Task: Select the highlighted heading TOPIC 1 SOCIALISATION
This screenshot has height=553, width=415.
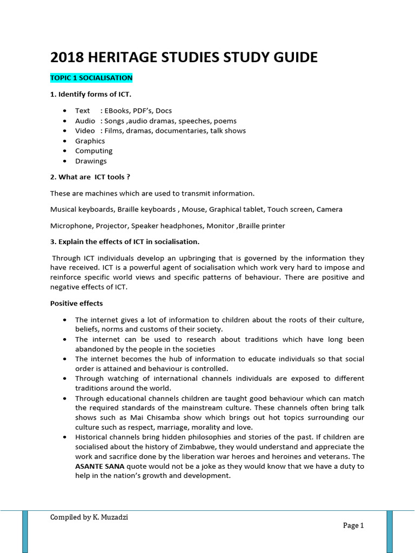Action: click(91, 78)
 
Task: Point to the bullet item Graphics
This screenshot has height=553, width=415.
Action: click(90, 141)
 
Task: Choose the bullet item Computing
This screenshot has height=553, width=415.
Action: click(93, 151)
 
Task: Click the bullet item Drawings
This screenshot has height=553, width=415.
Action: click(91, 161)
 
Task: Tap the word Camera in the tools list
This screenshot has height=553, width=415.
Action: click(329, 209)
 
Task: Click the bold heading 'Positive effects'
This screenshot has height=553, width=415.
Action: click(76, 304)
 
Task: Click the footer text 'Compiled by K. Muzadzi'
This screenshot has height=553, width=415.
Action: click(89, 517)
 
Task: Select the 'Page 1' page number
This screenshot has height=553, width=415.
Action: click(353, 525)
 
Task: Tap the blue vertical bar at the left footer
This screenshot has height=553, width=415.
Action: click(25, 531)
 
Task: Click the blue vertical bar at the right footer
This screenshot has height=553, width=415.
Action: click(390, 531)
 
